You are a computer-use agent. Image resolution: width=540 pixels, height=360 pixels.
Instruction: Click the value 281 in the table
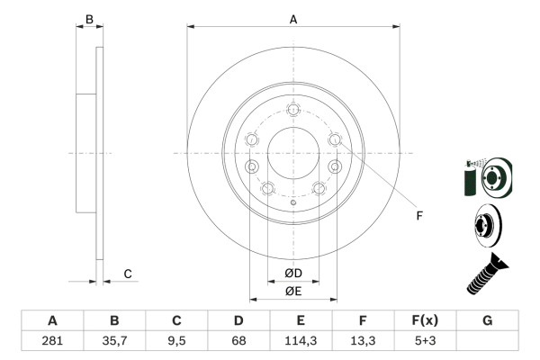pos(52,341)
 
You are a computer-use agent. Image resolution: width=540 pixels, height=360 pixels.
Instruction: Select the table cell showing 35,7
pos(114,341)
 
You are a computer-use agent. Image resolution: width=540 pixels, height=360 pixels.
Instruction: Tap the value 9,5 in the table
pos(176,341)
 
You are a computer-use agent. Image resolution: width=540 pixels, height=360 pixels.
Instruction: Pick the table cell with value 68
pos(238,341)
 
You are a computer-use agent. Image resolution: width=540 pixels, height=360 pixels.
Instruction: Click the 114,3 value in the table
pos(301,341)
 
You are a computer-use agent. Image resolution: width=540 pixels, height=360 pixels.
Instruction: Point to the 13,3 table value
pos(363,341)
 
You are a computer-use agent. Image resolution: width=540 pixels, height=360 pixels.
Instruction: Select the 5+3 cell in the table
pos(425,341)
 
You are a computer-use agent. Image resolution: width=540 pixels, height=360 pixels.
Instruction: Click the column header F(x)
pos(425,320)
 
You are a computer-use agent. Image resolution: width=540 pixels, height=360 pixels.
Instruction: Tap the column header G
pos(487,320)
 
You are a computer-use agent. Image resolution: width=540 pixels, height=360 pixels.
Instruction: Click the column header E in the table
pos(301,320)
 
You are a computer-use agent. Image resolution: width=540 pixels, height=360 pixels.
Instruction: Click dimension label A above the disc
pos(293,18)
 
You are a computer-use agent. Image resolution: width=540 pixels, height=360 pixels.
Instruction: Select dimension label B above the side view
pos(88,18)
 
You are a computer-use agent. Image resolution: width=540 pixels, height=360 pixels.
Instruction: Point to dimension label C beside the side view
pos(128,274)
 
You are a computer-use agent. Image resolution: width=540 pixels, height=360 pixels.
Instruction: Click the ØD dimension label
pos(293,273)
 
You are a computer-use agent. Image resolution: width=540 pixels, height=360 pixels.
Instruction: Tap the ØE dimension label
pos(293,290)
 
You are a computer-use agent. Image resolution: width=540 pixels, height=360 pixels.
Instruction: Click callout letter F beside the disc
pos(418,215)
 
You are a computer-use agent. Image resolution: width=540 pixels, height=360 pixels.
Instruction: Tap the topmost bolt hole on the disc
pos(293,110)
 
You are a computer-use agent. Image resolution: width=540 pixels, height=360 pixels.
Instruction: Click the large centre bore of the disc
pos(293,154)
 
